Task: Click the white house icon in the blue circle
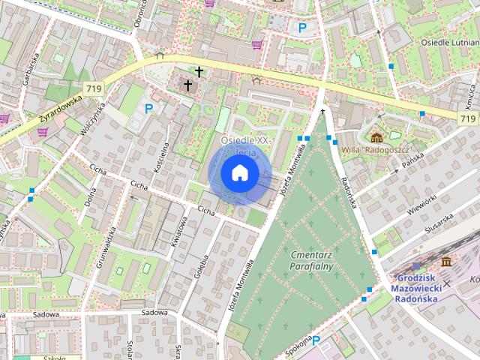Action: (240, 173)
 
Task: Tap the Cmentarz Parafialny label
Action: (312, 261)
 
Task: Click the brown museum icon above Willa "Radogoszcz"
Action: (376, 136)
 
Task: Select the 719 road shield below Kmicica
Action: (467, 118)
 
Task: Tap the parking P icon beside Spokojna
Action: (316, 342)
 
